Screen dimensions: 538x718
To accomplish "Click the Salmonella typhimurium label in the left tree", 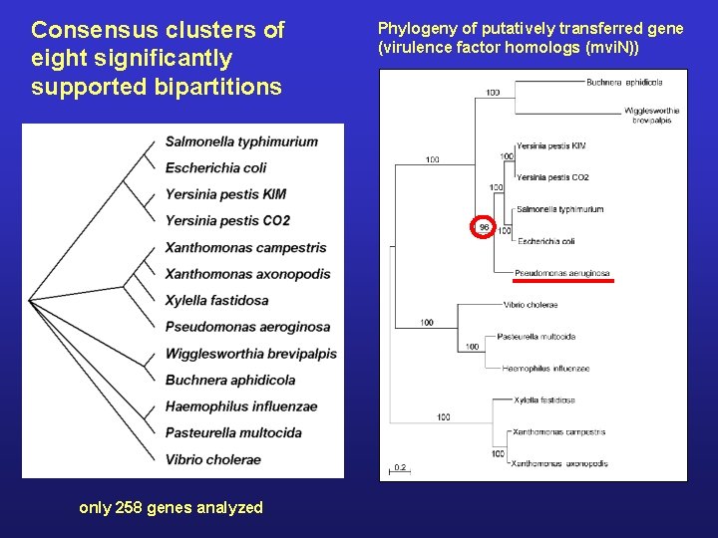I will [241, 141].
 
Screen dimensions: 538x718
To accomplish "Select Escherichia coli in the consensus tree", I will [215, 167].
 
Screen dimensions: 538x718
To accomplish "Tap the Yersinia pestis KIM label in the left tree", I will [225, 194].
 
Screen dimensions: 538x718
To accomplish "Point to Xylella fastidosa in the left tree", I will [216, 300].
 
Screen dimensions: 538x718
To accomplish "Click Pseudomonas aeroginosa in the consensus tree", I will [247, 327].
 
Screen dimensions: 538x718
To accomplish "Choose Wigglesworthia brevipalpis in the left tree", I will [250, 354].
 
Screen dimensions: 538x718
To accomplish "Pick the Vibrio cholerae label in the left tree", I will [212, 459].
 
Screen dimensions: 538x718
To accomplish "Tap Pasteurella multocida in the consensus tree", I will [233, 432].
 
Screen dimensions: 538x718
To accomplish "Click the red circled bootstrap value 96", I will [484, 227].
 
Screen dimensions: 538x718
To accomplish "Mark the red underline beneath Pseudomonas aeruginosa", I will [563, 282].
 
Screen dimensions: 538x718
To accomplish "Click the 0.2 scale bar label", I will [399, 466].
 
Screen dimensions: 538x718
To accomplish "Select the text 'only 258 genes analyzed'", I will [171, 508].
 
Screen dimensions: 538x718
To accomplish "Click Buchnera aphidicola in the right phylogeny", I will [624, 82].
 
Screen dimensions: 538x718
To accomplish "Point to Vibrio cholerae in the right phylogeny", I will [531, 305].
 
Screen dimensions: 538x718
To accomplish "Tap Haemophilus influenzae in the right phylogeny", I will [545, 369].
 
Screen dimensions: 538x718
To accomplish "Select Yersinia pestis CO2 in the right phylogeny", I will [552, 177].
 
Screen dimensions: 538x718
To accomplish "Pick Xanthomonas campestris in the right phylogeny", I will [558, 432].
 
